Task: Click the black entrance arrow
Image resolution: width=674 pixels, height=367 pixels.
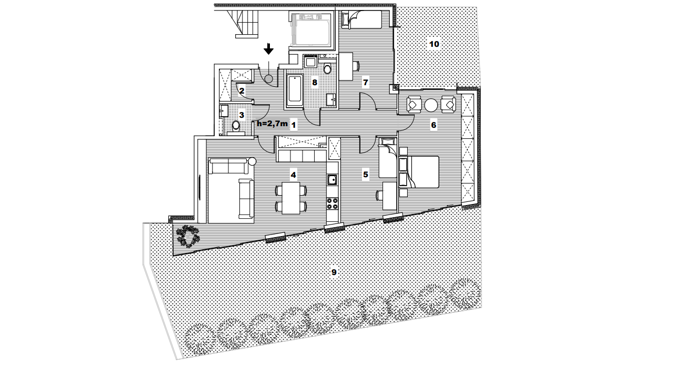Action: (268, 49)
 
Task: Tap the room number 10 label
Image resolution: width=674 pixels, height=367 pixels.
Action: (434, 44)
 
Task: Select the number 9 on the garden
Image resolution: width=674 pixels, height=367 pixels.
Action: (334, 272)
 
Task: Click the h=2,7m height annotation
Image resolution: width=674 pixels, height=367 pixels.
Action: (272, 124)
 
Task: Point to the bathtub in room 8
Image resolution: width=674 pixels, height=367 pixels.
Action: (294, 89)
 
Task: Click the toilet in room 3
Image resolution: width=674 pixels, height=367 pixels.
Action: (236, 127)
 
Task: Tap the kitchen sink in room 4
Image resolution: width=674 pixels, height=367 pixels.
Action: (332, 179)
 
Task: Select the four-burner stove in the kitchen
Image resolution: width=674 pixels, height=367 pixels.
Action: (332, 203)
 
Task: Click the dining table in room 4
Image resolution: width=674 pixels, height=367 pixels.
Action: (291, 198)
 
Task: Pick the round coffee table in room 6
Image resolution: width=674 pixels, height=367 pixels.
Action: (431, 105)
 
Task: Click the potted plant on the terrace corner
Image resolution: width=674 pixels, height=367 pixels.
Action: (188, 237)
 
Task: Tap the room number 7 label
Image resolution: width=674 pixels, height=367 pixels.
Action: (366, 83)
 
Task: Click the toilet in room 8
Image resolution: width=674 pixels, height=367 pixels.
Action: (327, 69)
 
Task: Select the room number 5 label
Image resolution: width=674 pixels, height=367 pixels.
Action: (366, 175)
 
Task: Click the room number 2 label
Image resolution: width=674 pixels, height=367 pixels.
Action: (242, 91)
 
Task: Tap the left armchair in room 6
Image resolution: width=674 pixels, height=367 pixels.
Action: (414, 105)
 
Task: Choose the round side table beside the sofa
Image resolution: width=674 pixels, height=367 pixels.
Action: (252, 162)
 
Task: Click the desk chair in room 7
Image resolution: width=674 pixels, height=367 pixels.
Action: (356, 66)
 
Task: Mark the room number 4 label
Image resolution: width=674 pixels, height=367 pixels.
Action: (293, 175)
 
